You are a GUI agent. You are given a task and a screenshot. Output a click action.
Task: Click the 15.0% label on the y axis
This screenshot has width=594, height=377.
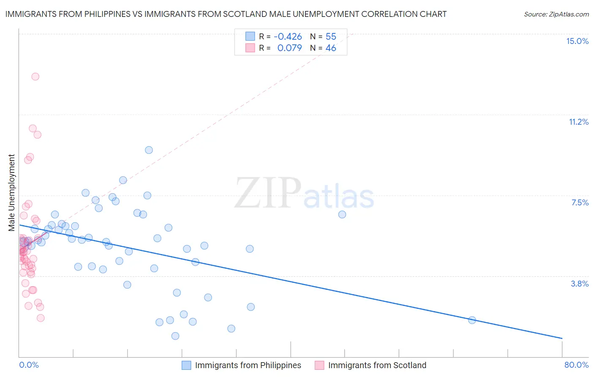coord(577,41)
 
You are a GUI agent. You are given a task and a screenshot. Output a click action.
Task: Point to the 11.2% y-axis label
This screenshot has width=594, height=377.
coord(578,122)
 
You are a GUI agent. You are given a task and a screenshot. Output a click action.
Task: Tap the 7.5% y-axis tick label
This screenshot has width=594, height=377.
coord(580,202)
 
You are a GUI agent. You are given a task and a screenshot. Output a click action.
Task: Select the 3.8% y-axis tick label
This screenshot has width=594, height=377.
coord(580,284)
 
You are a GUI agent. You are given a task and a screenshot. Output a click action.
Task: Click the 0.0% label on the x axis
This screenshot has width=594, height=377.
coord(29,365)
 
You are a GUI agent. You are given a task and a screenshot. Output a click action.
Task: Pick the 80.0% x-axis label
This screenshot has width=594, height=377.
coord(576,365)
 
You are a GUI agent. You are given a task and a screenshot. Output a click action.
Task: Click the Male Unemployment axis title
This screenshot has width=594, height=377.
coord(11,193)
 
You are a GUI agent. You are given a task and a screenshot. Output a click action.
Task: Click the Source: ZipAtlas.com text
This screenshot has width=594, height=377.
coord(556,14)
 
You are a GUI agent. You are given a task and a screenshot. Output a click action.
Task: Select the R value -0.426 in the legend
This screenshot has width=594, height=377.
coord(288,37)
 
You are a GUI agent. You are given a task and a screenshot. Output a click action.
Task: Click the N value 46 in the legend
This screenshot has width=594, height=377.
coord(331,48)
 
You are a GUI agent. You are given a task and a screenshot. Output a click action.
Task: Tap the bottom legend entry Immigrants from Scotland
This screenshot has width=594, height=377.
coord(377,365)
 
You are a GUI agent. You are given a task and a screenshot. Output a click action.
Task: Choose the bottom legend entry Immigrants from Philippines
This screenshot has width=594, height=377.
coord(248,365)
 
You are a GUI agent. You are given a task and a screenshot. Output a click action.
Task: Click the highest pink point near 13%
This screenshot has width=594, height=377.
coord(35,76)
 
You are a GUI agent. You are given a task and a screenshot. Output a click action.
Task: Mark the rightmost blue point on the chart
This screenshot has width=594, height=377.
coord(472,320)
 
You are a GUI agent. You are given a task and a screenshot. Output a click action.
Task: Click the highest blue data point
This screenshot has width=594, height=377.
coord(149,150)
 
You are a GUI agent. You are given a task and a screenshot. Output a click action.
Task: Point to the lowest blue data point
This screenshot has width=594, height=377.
coord(175,336)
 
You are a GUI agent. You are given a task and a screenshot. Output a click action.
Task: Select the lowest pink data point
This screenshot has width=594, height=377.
coord(41,318)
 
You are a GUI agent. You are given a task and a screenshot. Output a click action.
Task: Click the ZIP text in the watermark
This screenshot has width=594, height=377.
coord(267,193)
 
